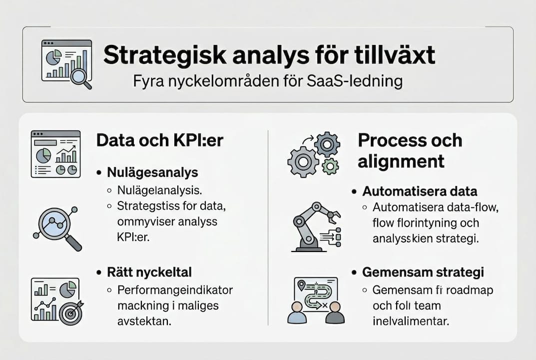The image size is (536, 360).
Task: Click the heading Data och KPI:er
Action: point(159,140)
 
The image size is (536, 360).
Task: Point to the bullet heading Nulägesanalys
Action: point(152,172)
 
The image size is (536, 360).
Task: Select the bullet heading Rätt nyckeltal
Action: point(149,272)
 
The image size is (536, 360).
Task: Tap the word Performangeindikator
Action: point(175,289)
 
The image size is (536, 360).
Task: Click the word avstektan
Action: point(144,321)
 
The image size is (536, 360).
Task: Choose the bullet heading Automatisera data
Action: point(420,191)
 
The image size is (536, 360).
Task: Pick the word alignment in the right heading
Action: point(401,161)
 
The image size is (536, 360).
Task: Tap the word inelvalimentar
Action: point(411,320)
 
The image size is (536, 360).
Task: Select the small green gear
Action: point(330,165)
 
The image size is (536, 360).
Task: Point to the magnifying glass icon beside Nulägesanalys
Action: point(57,227)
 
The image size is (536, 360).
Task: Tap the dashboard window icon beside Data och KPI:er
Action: point(55,154)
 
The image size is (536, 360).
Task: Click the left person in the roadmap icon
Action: point(298,312)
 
